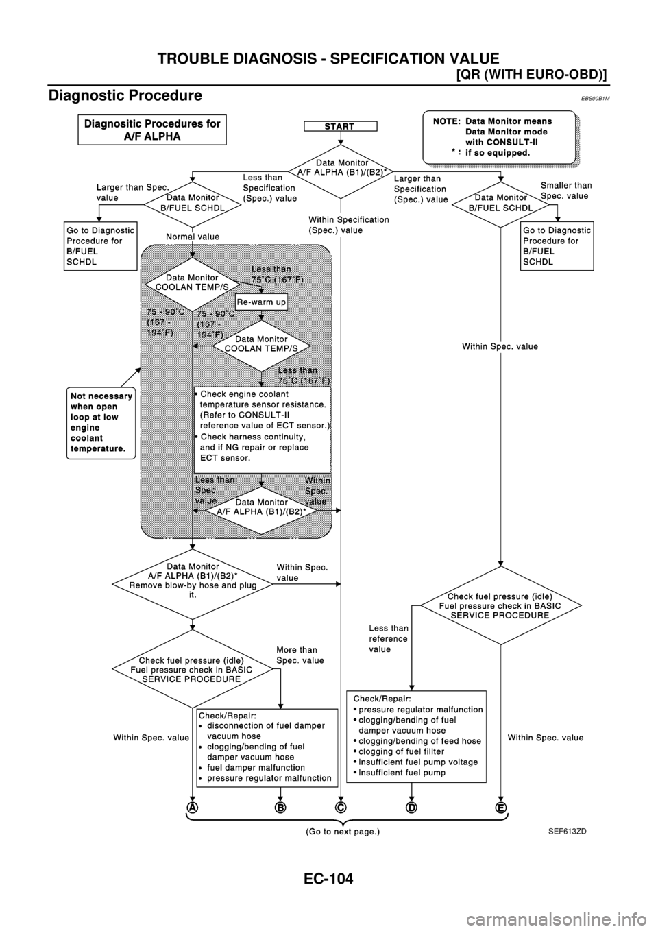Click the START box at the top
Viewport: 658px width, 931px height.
341,125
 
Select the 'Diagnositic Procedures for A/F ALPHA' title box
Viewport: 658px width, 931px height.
152,130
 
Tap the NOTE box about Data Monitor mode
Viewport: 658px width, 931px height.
498,137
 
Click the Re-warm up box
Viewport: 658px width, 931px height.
261,302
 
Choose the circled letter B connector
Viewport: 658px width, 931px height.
280,808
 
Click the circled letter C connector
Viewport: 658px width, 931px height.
341,808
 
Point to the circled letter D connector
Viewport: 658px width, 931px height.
411,808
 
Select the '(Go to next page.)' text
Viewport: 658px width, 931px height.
342,831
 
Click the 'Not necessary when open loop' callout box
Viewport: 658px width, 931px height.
100,422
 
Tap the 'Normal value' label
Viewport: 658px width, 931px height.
193,237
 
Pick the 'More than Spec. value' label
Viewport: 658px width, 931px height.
300,655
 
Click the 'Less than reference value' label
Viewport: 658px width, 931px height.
388,638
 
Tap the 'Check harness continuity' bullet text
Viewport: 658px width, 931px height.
254,437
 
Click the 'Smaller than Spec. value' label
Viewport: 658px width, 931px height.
566,191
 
